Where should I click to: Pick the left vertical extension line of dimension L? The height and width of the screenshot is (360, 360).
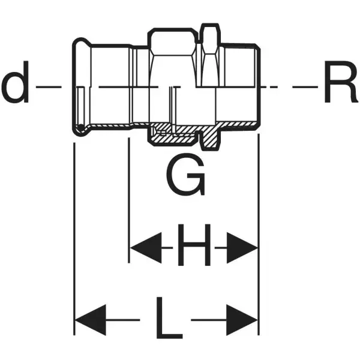click(x=74, y=240)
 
